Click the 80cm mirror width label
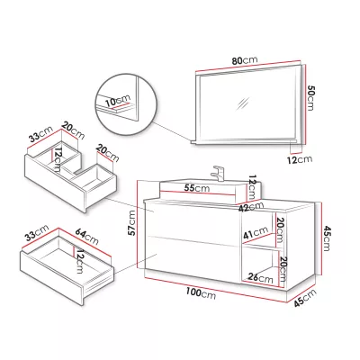point(245,60)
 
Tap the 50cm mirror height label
point(311,98)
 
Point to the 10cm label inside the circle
point(118,100)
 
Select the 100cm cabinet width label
point(201,292)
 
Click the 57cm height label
point(131,223)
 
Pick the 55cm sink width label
point(197,188)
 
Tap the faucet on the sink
point(219,174)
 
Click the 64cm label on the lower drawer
point(87,236)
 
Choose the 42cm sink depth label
point(251,207)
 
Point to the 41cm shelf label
point(256,232)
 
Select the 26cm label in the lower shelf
point(261,278)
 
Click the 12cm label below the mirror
point(300,159)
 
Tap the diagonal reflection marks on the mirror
point(242,103)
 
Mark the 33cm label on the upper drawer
point(41,135)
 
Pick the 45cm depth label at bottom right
point(305,298)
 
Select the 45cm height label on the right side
point(327,238)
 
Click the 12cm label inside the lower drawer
point(79,261)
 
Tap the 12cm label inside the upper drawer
point(58,159)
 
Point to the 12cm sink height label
point(253,187)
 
